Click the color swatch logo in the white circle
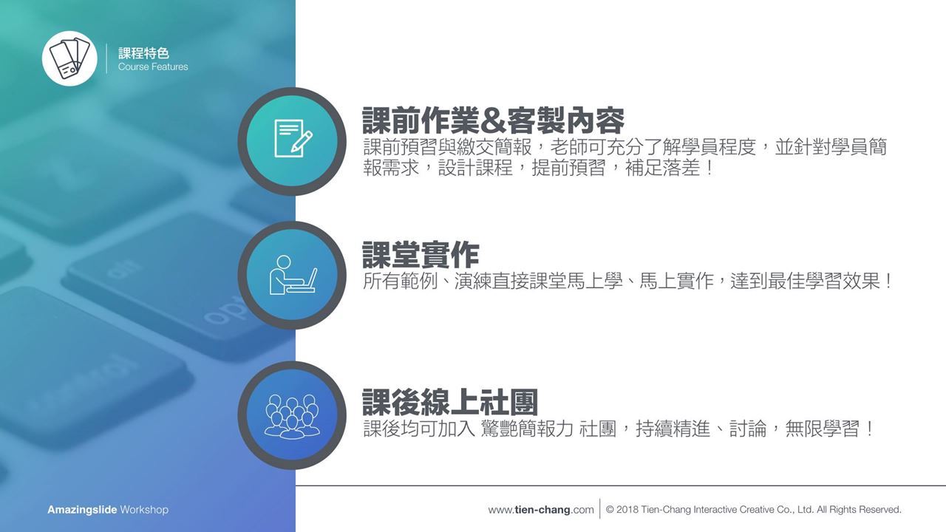[69, 58]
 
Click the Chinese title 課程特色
[143, 53]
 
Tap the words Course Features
[153, 66]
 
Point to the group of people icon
[292, 416]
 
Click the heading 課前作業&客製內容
[493, 120]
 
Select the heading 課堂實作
[421, 255]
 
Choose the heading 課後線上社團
[450, 403]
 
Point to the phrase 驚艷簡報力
[526, 429]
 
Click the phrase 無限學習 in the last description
[822, 429]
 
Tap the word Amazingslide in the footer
[82, 510]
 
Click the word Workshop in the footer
[144, 510]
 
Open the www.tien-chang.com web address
[540, 510]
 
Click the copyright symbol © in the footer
[610, 510]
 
